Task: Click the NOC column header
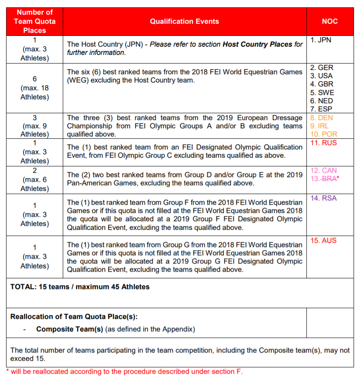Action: [x=330, y=21]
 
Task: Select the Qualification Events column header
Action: [x=184, y=21]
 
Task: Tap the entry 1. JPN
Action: [x=321, y=40]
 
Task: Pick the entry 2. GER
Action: [x=322, y=68]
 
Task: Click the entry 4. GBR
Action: [x=322, y=84]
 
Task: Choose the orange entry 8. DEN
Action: [x=322, y=118]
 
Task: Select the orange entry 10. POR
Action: [x=324, y=134]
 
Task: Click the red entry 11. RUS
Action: [x=323, y=143]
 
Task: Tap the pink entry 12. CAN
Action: [x=323, y=171]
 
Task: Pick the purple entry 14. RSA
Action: [x=323, y=198]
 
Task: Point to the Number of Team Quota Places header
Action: [x=35, y=21]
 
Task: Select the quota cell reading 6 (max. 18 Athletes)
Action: [x=35, y=88]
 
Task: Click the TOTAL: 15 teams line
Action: [x=80, y=286]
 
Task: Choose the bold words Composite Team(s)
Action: [x=70, y=329]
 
